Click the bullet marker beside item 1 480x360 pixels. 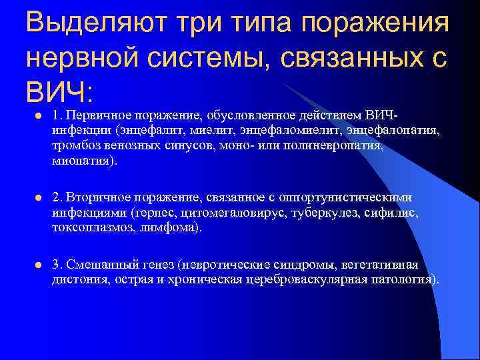[x=37, y=116]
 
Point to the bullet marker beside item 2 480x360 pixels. [x=37, y=198]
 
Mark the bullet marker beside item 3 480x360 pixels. [x=37, y=265]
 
